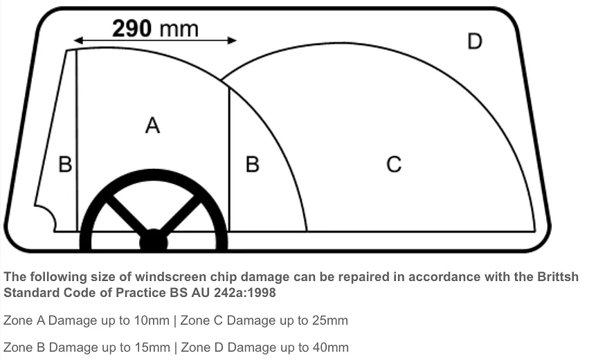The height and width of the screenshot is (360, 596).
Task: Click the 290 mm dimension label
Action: pos(155,28)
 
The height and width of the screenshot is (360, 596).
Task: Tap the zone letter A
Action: pos(152,125)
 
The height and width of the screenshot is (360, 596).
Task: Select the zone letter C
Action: pos(394,165)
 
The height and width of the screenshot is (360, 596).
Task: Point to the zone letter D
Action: pos(475,41)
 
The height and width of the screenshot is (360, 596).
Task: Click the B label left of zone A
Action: pos(65,165)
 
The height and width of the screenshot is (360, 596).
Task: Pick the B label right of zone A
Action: pos(253,165)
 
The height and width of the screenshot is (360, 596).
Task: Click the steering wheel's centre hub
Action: pos(153,240)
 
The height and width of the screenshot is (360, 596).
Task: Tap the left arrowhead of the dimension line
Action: pos(78,40)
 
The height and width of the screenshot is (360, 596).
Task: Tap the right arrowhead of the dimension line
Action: pos(232,40)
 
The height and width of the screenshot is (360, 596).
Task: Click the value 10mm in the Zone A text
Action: pos(152,321)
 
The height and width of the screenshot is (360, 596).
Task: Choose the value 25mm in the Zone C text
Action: pos(330,321)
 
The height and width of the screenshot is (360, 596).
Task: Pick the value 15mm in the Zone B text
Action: pos(152,348)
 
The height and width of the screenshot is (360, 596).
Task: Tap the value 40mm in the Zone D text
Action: pos(330,348)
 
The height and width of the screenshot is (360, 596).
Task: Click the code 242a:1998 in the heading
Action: pos(245,293)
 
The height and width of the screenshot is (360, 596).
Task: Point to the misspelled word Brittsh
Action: pos(558,276)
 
